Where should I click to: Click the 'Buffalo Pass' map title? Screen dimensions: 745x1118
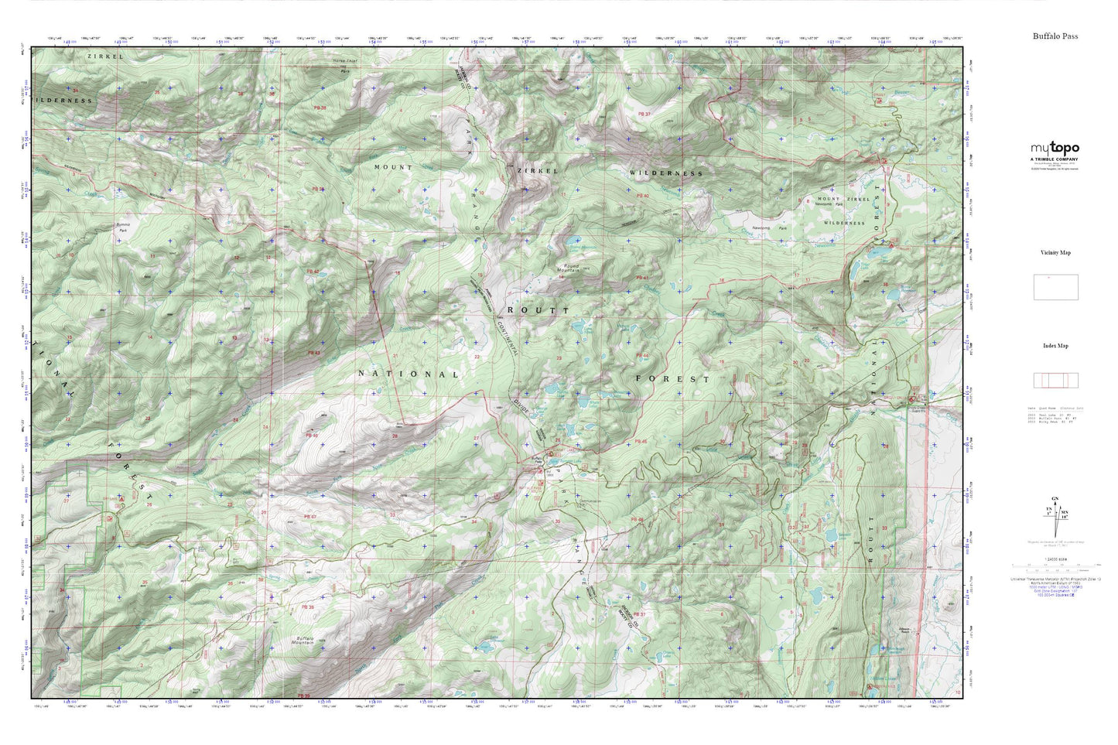[x=1055, y=36]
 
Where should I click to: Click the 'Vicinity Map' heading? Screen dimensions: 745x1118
[x=1055, y=253]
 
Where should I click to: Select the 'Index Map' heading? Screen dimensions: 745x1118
[x=1055, y=346]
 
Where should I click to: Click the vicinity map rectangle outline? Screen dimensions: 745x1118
[x=1055, y=287]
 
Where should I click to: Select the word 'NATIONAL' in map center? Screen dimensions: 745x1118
[x=409, y=374]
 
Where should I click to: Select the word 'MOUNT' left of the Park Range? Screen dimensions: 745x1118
[x=393, y=167]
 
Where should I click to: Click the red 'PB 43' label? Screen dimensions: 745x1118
[x=313, y=353]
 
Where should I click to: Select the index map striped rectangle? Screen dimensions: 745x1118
[x=1055, y=381]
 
